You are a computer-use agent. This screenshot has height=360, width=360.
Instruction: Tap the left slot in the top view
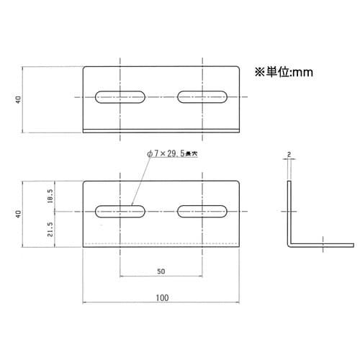click(x=121, y=96)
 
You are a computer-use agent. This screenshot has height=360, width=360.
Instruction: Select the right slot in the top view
click(x=203, y=96)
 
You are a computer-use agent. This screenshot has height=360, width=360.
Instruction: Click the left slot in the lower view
click(x=121, y=211)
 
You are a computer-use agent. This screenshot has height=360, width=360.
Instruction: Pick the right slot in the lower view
click(x=203, y=211)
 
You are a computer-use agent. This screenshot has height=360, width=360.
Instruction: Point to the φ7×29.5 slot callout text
click(x=171, y=153)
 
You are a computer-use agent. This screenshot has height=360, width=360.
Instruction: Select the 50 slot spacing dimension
click(x=161, y=271)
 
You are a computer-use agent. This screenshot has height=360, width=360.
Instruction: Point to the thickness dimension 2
click(x=287, y=155)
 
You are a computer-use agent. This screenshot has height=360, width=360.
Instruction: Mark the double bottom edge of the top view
click(x=161, y=130)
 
